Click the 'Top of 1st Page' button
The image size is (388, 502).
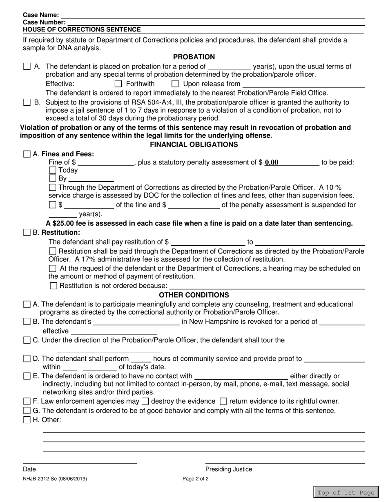pos(346,493)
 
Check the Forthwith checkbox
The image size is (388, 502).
pos(118,84)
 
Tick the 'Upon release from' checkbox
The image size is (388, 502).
pos(175,84)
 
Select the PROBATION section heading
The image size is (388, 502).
pos(194,57)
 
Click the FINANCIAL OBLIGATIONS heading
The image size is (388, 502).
pos(194,144)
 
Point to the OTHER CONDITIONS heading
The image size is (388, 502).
pos(194,295)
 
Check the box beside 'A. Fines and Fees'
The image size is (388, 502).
pos(27,154)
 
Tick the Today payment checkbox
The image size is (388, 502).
pos(52,170)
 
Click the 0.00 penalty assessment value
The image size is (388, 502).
pos(272,162)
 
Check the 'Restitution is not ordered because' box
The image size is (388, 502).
pos(54,286)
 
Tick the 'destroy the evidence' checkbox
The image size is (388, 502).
pos(145,402)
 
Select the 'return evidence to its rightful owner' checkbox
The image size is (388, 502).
pos(223,402)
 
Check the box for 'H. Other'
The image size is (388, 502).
pos(27,420)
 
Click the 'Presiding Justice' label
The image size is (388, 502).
pos(229,469)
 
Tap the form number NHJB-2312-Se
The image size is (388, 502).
pos(55,479)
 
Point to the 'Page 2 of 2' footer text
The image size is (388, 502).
pos(196,479)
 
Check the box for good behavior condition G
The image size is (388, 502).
pos(27,411)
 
